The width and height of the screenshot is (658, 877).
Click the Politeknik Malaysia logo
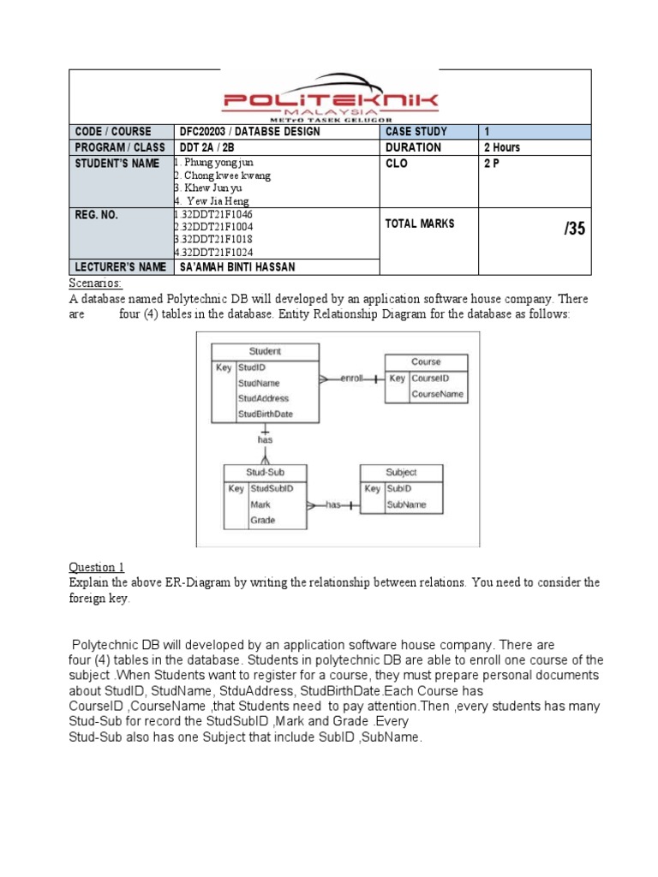click(331, 104)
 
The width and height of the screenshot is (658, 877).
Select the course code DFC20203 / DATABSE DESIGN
click(249, 132)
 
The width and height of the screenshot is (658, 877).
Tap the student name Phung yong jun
click(216, 162)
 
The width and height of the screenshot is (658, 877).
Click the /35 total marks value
click(574, 229)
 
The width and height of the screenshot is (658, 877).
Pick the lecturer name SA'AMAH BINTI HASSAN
click(237, 267)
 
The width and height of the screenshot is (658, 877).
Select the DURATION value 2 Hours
click(502, 147)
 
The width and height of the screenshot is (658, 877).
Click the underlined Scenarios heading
click(95, 283)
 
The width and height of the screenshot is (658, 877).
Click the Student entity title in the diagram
click(265, 351)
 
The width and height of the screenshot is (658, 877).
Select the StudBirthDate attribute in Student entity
click(266, 415)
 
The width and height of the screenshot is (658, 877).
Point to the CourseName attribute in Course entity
click(438, 394)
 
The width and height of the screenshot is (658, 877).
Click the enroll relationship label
click(351, 378)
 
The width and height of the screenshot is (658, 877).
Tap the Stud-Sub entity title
click(265, 472)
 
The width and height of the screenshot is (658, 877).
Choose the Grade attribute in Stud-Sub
click(262, 520)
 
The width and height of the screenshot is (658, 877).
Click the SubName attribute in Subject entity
click(406, 504)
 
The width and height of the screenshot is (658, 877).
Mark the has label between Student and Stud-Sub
click(265, 439)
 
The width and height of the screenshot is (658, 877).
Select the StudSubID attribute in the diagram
click(272, 488)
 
